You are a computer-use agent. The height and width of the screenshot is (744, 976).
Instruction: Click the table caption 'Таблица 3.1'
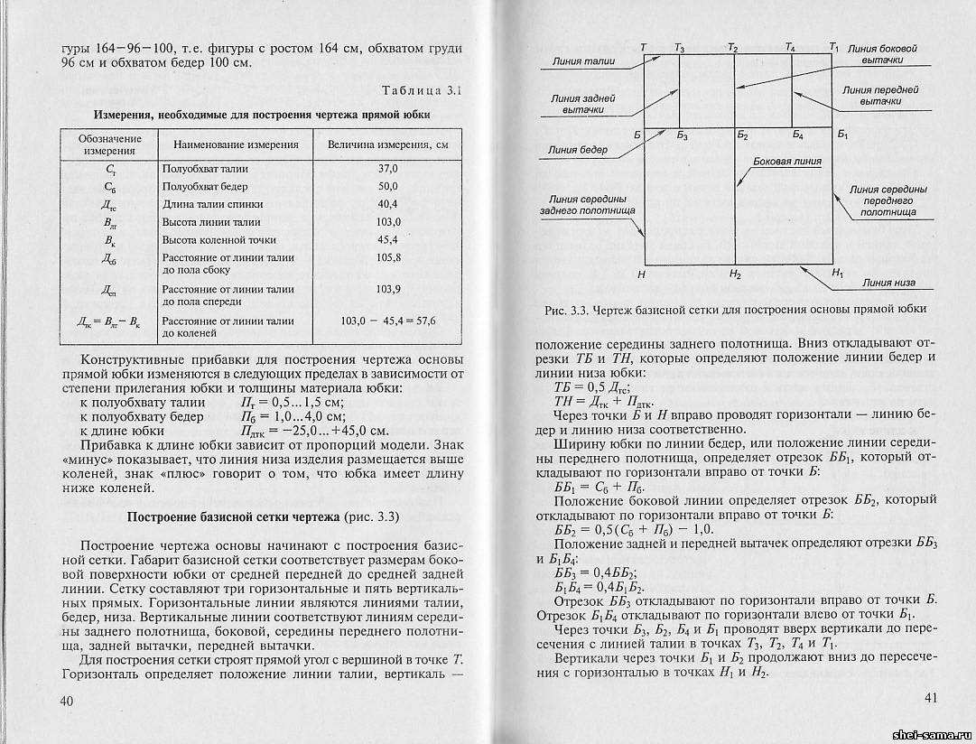[422, 90]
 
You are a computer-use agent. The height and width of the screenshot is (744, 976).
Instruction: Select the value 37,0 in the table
[387, 169]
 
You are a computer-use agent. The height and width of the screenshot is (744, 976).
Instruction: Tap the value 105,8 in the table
[387, 257]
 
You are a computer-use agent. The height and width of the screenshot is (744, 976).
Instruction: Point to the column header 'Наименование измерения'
[235, 144]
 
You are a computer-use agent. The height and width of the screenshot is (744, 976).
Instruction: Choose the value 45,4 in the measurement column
[387, 240]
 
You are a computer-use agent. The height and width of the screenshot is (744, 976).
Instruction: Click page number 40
[67, 702]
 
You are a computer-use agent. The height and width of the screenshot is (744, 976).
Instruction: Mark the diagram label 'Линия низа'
[888, 283]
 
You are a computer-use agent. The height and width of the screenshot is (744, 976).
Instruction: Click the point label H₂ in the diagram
[735, 274]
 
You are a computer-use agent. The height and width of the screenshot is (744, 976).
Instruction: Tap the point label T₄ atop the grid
[791, 45]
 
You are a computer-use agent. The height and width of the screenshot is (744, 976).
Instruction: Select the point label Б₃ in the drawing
[682, 136]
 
